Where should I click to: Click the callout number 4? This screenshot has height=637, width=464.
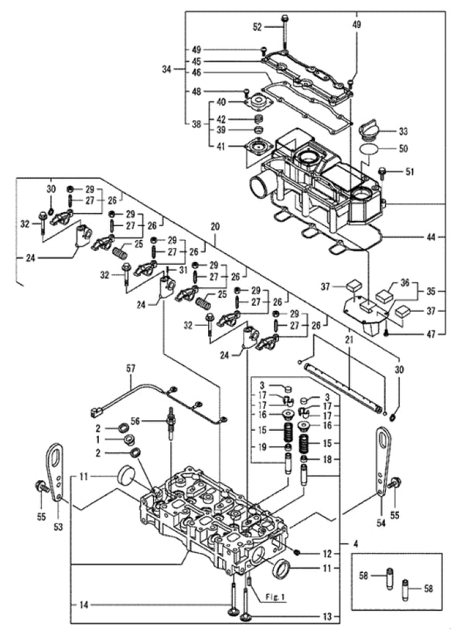click(x=355, y=544)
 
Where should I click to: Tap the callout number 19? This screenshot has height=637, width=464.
click(x=264, y=447)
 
